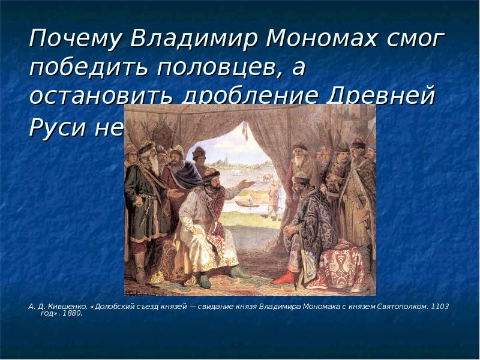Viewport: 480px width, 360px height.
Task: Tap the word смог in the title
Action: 416,40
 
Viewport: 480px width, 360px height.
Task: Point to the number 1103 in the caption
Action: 440,306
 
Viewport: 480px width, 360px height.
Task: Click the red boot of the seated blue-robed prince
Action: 283,278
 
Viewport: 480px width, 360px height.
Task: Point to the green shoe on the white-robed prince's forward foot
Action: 239,273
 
